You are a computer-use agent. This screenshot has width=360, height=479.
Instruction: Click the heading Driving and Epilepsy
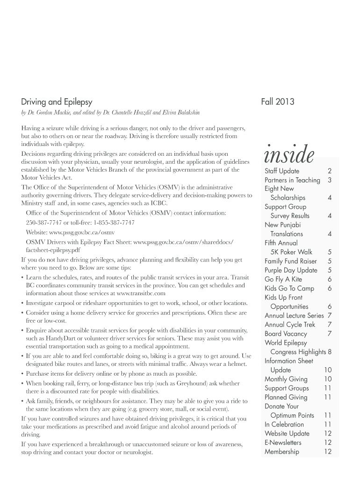pyautogui.click(x=57, y=102)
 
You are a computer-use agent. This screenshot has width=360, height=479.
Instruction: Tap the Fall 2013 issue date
pyautogui.click(x=279, y=102)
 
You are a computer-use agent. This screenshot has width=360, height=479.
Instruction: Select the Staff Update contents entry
pyautogui.click(x=282, y=171)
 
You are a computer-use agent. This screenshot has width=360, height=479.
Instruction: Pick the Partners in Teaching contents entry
pyautogui.click(x=292, y=180)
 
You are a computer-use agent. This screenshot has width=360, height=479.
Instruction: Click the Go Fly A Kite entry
pyautogui.click(x=283, y=279)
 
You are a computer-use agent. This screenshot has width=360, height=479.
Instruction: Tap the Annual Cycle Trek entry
pyautogui.click(x=290, y=325)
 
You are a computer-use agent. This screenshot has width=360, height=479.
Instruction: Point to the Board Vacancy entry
pyautogui.click(x=286, y=334)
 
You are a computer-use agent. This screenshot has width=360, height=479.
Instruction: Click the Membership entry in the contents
pyautogui.click(x=281, y=451)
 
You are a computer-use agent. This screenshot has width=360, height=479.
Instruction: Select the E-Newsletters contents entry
pyautogui.click(x=283, y=443)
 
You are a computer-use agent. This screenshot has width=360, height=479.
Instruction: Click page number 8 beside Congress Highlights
pyautogui.click(x=330, y=352)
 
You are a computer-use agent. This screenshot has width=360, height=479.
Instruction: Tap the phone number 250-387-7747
pyautogui.click(x=43, y=222)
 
